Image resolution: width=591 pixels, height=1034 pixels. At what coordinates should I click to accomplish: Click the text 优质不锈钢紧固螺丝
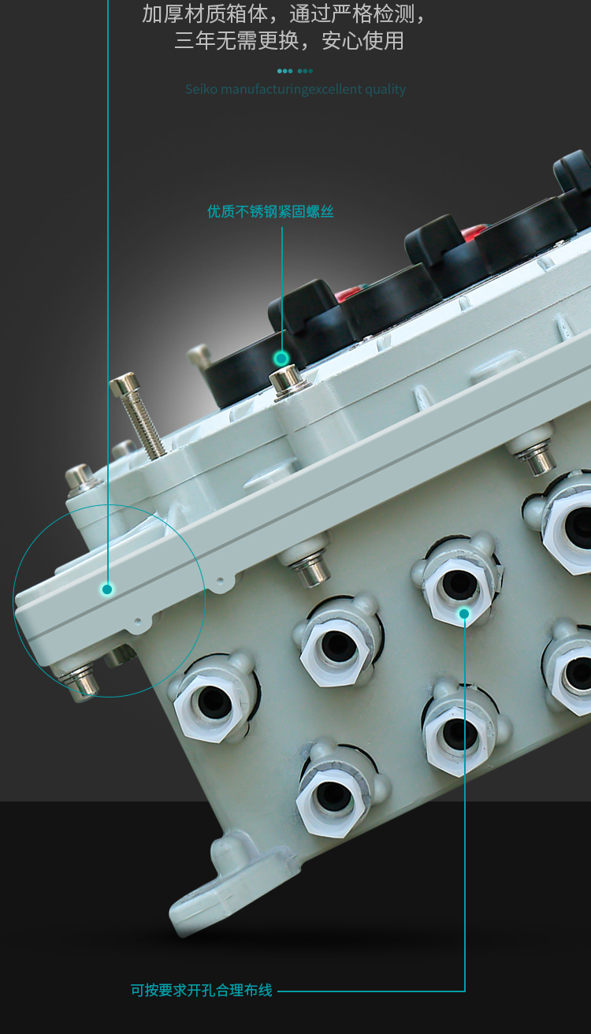270,211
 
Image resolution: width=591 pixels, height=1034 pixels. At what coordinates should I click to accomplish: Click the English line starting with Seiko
295,89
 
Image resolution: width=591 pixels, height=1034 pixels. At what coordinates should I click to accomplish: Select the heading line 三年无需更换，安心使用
289,40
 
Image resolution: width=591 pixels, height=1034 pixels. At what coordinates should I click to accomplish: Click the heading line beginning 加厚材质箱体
284,14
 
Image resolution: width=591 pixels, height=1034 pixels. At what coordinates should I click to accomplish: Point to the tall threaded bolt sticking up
138,415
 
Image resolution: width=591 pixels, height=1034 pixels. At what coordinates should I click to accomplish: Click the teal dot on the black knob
281,358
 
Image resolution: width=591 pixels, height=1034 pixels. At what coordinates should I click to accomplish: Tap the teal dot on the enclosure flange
107,589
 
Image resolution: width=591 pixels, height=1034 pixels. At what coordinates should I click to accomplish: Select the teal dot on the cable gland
464,613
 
